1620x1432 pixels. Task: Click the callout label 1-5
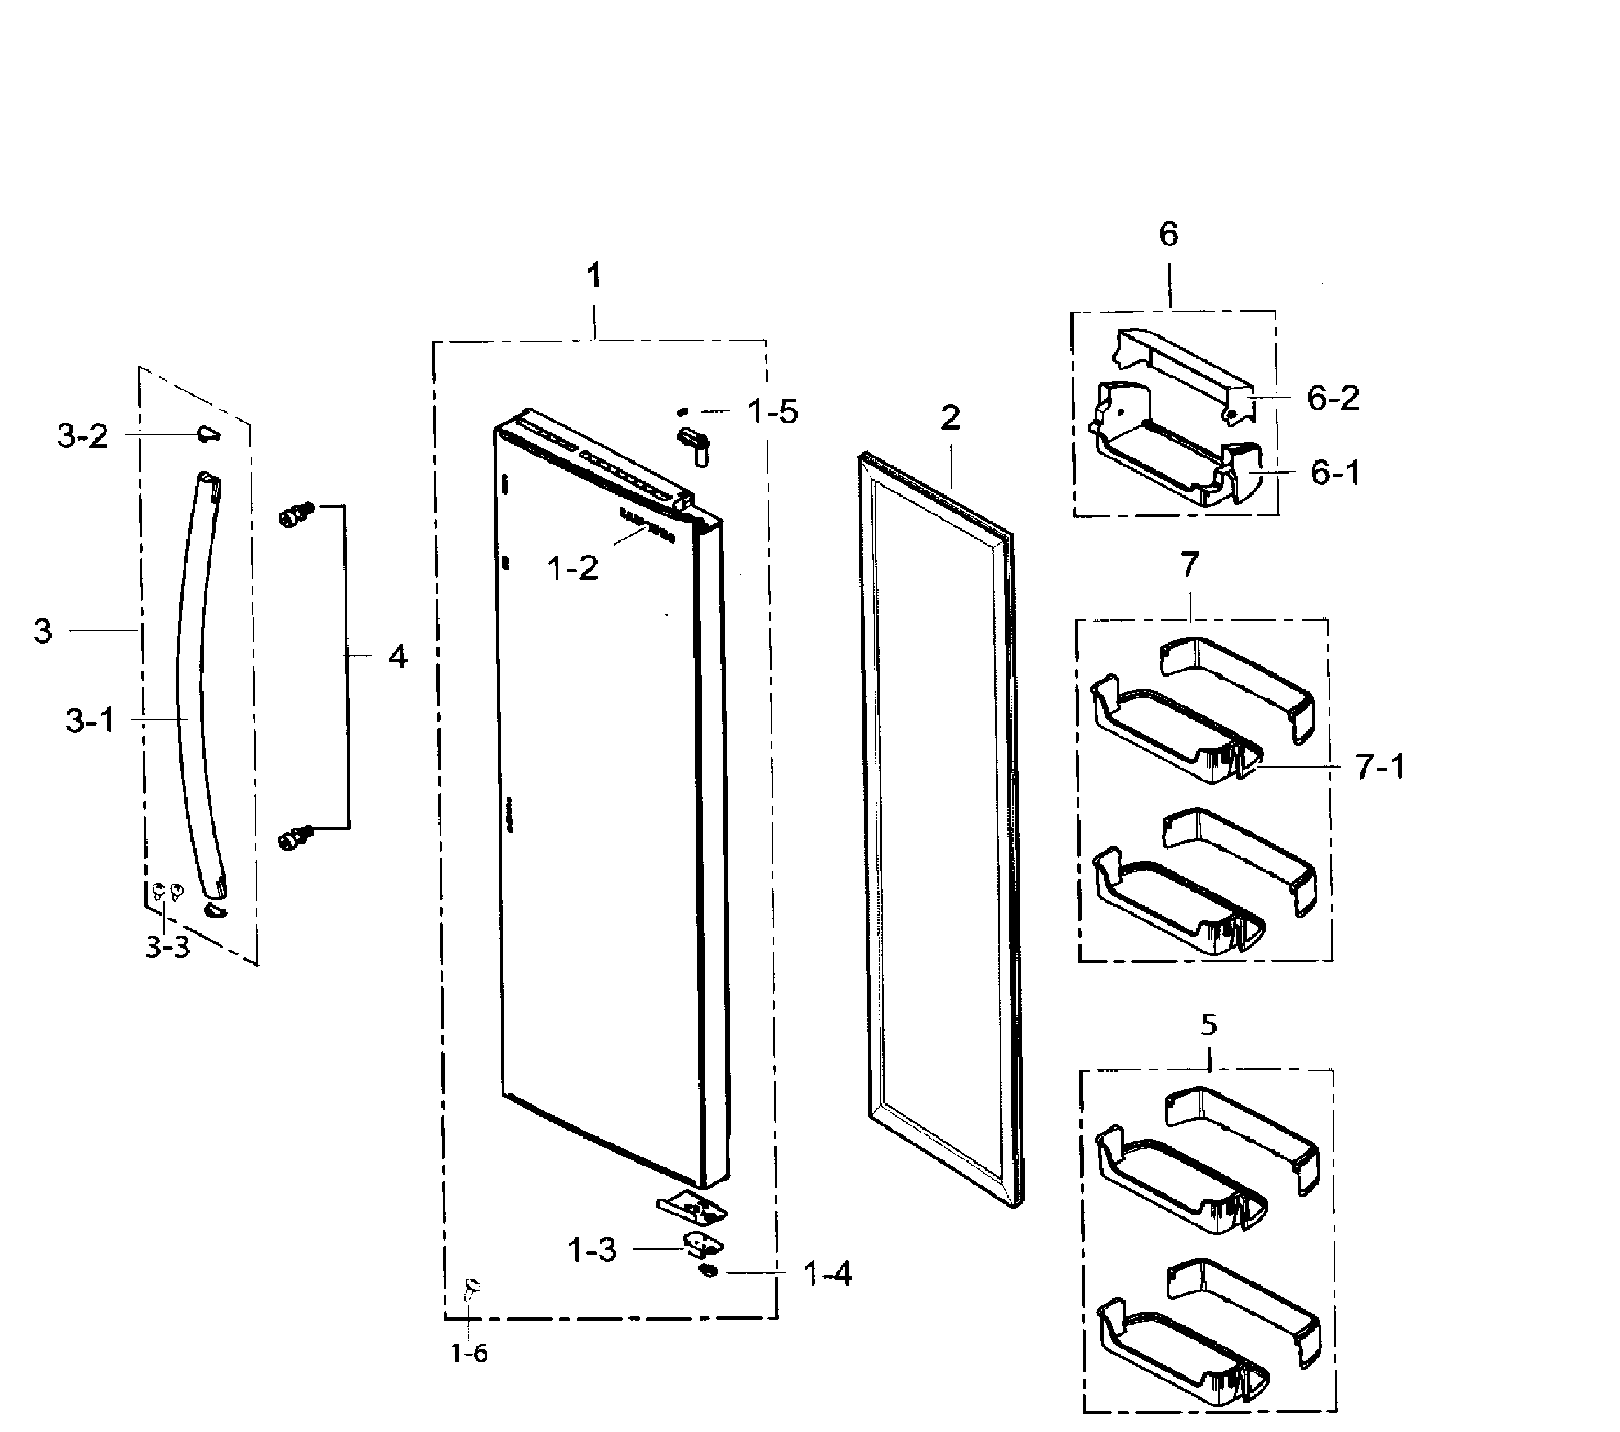[772, 411]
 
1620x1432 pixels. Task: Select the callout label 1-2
[572, 568]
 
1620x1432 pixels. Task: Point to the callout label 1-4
[827, 1274]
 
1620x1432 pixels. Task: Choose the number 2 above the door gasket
[950, 418]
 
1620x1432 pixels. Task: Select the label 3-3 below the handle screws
[167, 946]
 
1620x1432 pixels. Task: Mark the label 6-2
[1333, 398]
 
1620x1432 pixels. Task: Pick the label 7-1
[1380, 766]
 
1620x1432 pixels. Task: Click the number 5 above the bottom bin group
[1208, 1024]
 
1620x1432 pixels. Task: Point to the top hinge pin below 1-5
[693, 444]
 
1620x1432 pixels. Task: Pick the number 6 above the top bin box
[1168, 234]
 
